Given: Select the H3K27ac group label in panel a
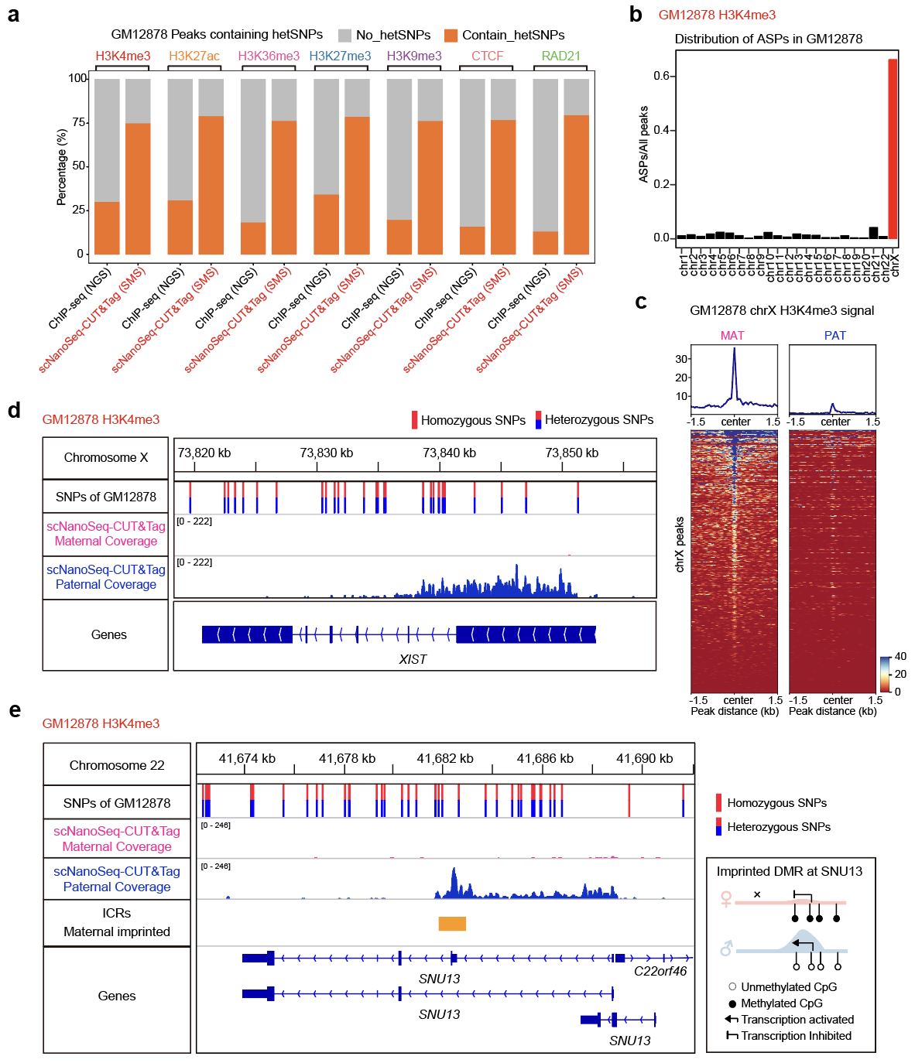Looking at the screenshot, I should (194, 56).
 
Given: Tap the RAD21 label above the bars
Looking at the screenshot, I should (560, 56).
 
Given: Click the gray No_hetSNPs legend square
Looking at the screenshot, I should (344, 36).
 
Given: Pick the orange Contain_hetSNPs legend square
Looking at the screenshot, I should (451, 36).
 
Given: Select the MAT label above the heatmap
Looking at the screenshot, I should (732, 336).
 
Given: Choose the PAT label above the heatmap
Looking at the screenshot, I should (834, 336).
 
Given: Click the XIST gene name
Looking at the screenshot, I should (413, 659).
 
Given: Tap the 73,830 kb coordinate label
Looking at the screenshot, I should (326, 453).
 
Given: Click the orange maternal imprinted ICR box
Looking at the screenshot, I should (452, 923).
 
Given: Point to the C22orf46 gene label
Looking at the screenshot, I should (660, 972).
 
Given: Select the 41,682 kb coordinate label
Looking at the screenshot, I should (445, 759).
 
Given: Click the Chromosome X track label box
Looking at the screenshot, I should (106, 458).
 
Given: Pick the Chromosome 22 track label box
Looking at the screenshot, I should (117, 765).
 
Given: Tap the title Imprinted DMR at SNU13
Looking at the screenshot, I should (789, 872).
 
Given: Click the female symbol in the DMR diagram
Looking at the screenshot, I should (726, 899).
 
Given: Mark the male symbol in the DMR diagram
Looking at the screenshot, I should (726, 948).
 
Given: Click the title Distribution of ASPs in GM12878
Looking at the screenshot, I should (768, 39).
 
